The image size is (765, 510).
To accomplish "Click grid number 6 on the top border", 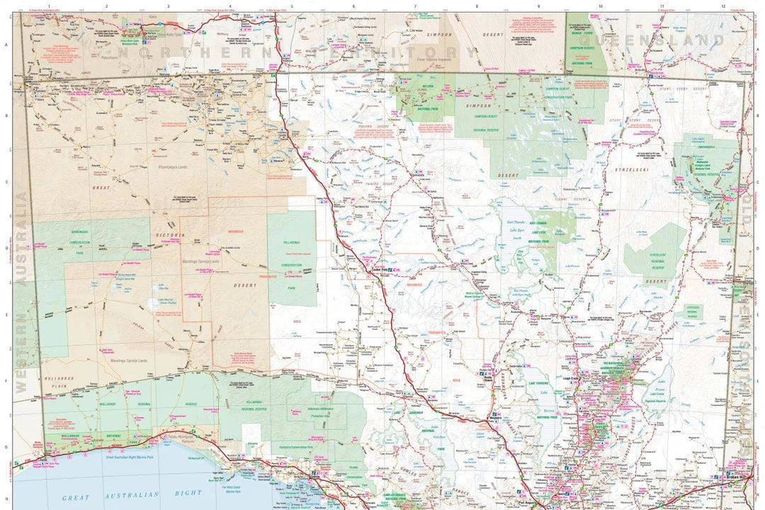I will (x=353, y=6).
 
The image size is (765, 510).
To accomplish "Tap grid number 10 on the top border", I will (x=600, y=6).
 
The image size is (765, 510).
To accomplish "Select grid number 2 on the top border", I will (x=106, y=6).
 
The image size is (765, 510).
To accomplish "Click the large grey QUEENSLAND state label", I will (x=659, y=41).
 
